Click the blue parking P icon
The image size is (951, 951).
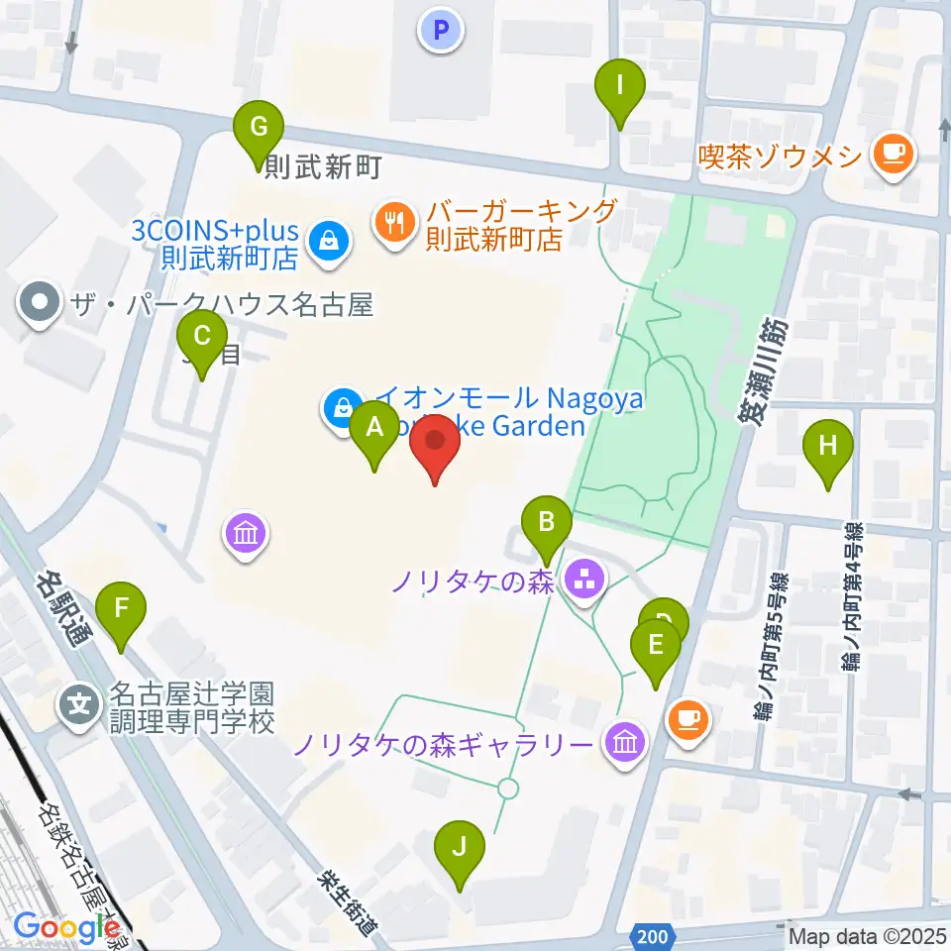(x=441, y=32)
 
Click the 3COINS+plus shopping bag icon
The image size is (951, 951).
(x=327, y=242)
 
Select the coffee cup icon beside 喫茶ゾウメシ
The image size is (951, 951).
(x=894, y=154)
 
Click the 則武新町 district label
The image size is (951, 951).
(x=323, y=167)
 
